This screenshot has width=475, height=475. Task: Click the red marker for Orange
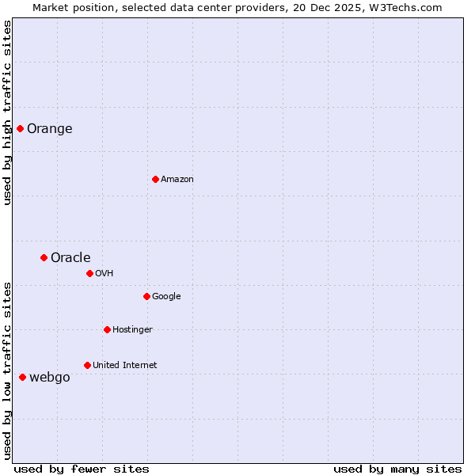pyautogui.click(x=20, y=128)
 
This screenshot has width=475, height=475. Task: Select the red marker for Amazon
pyautogui.click(x=155, y=179)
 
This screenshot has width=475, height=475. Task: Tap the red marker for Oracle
pyautogui.click(x=44, y=257)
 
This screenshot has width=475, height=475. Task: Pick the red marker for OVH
pyautogui.click(x=89, y=273)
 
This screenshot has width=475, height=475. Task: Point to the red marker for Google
pyautogui.click(x=146, y=296)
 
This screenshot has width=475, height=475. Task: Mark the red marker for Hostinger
pyautogui.click(x=107, y=329)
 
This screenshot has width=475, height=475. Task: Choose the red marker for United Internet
pyautogui.click(x=87, y=365)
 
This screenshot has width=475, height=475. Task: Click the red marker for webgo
pyautogui.click(x=22, y=377)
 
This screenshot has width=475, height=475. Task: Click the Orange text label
pyautogui.click(x=50, y=129)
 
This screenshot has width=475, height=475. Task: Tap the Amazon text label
pyautogui.click(x=177, y=180)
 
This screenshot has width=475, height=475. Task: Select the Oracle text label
pyautogui.click(x=70, y=258)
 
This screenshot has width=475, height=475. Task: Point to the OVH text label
pyautogui.click(x=104, y=274)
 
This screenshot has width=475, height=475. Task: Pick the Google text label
pyautogui.click(x=166, y=297)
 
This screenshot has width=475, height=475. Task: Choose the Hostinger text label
pyautogui.click(x=132, y=330)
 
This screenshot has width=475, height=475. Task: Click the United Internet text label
pyautogui.click(x=125, y=366)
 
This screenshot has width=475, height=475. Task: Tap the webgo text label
pyautogui.click(x=50, y=378)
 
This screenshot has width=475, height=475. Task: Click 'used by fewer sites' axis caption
pyautogui.click(x=82, y=469)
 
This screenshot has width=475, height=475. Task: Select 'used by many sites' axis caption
pyautogui.click(x=397, y=469)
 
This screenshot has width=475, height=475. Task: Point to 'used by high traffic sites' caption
pyautogui.click(x=7, y=112)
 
